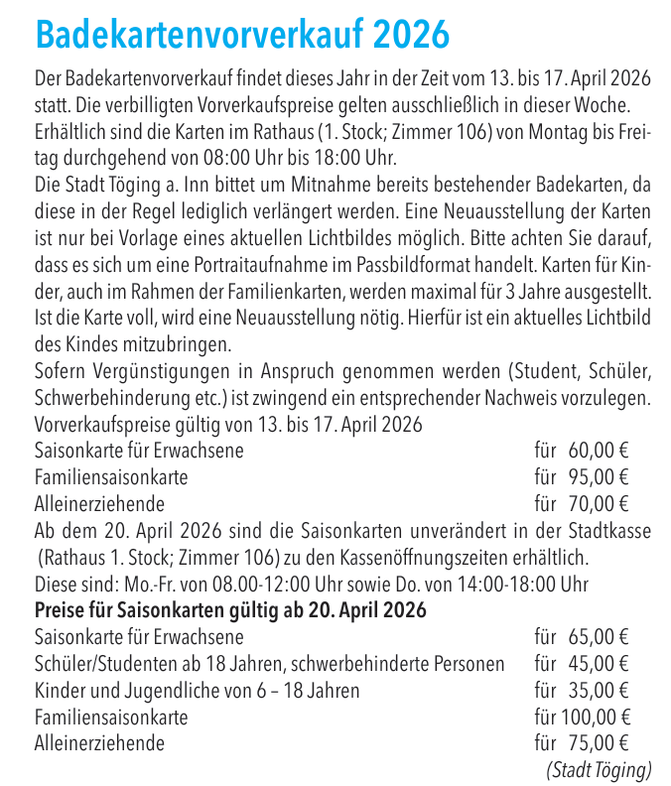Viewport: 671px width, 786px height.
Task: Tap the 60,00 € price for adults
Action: tap(600, 452)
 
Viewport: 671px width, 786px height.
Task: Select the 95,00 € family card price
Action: tap(600, 477)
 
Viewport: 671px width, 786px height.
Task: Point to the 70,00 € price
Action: tap(600, 503)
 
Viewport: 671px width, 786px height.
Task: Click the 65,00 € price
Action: tap(600, 637)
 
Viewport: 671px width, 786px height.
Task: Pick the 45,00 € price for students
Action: tap(600, 663)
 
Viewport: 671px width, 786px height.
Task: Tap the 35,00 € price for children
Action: tap(600, 690)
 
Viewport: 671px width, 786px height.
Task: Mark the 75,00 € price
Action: tap(600, 741)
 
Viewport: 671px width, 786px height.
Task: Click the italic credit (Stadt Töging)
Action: tap(599, 768)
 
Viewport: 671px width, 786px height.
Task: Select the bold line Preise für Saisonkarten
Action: tap(230, 609)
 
